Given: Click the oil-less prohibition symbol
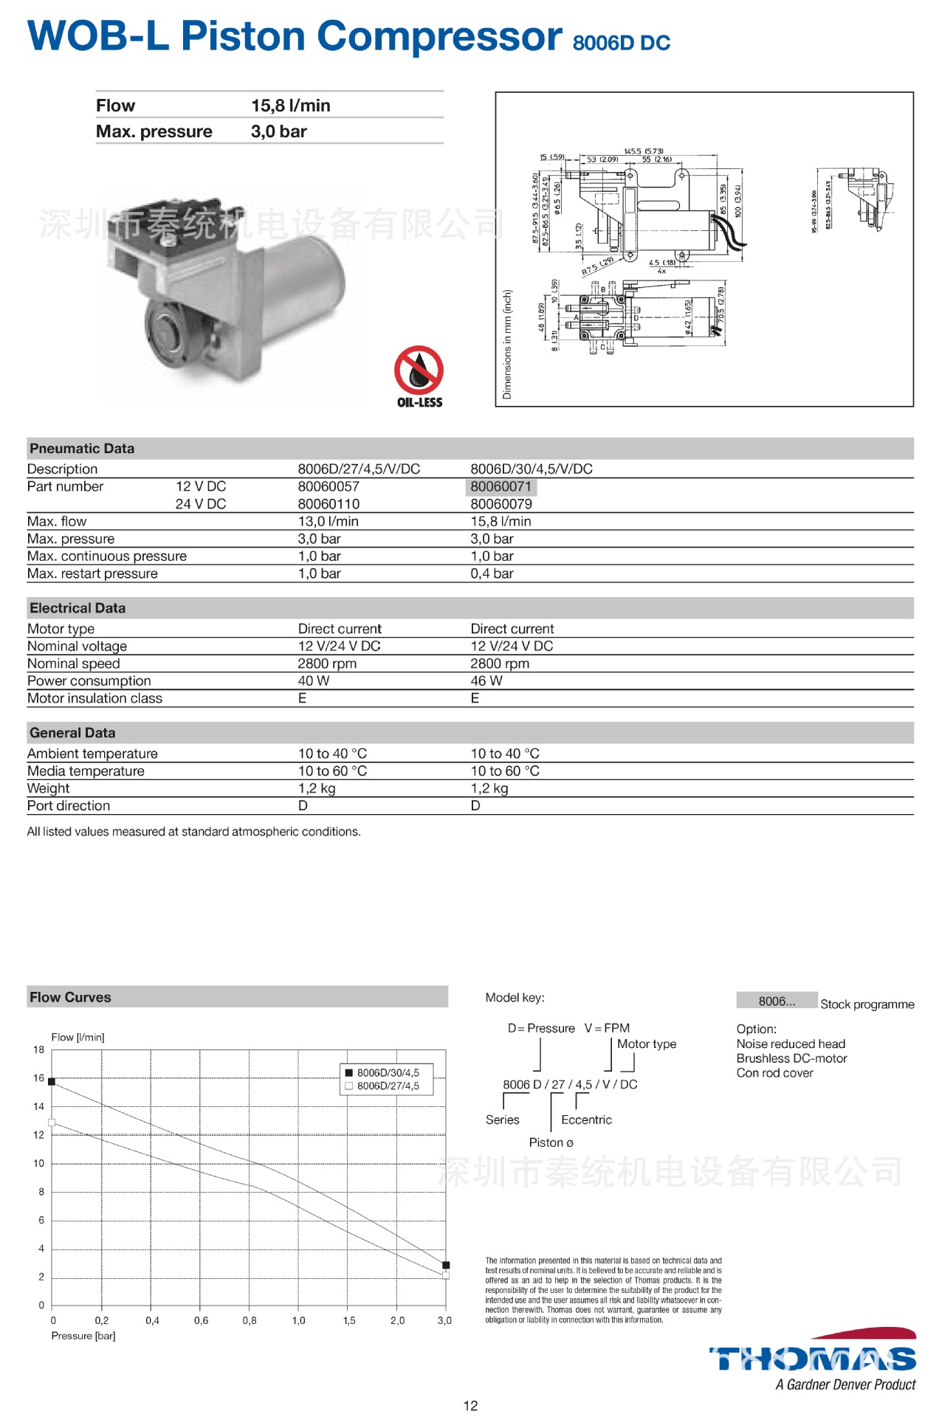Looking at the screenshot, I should pyautogui.click(x=419, y=370).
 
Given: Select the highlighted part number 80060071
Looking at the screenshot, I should pyautogui.click(x=501, y=486).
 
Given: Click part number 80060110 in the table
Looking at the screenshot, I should pyautogui.click(x=329, y=504).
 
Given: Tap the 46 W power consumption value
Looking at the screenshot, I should pyautogui.click(x=486, y=680).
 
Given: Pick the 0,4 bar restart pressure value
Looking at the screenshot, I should pyautogui.click(x=492, y=573).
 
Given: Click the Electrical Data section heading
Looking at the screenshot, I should pyautogui.click(x=78, y=608).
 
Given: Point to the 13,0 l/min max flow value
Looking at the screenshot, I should pyautogui.click(x=328, y=521).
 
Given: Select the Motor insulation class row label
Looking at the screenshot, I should pyautogui.click(x=94, y=698).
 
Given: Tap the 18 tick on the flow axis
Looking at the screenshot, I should pyautogui.click(x=38, y=1049).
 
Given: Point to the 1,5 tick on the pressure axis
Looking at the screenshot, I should pyautogui.click(x=349, y=1320).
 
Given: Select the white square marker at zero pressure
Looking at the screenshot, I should pyautogui.click(x=52, y=1123).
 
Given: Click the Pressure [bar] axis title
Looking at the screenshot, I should pyautogui.click(x=83, y=1336).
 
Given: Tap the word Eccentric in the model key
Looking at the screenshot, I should pyautogui.click(x=586, y=1120).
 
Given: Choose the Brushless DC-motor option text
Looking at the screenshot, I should pyautogui.click(x=791, y=1058).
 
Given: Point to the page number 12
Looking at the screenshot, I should pyautogui.click(x=470, y=1405).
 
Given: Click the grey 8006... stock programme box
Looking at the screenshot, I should pyautogui.click(x=777, y=1001).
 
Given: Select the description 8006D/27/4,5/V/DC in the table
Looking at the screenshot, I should pyautogui.click(x=359, y=469).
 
